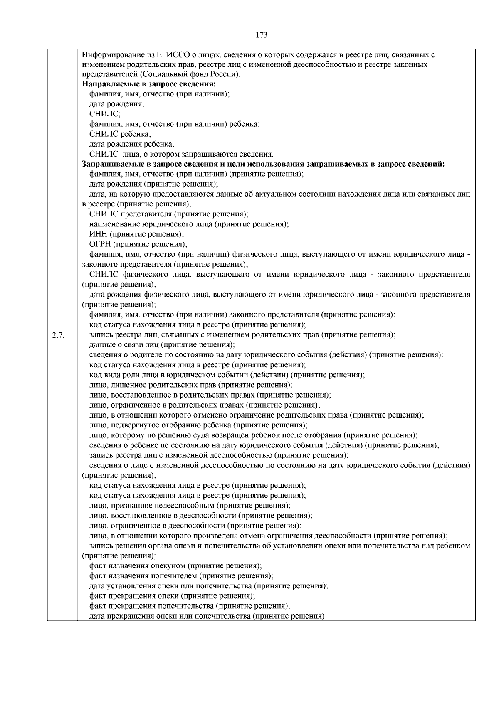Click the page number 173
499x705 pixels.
pyautogui.click(x=261, y=35)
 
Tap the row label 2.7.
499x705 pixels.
pyautogui.click(x=58, y=335)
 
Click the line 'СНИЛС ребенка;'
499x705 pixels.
pyautogui.click(x=120, y=134)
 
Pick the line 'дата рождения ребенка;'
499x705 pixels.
pyautogui.click(x=132, y=144)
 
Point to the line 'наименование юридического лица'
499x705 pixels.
pyautogui.click(x=189, y=224)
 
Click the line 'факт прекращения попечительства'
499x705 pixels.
pyautogui.click(x=190, y=606)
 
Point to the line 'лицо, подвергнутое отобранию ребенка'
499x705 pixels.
pyautogui.click(x=198, y=425)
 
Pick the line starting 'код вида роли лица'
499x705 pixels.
pyautogui.click(x=227, y=375)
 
